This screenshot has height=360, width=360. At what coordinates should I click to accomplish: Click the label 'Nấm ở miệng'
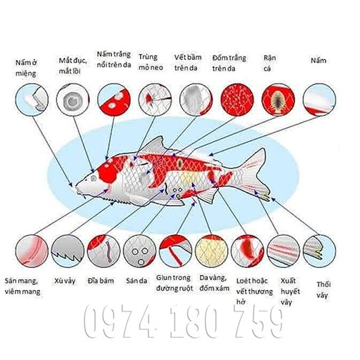[26, 68]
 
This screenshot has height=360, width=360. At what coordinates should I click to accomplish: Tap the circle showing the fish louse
[278, 100]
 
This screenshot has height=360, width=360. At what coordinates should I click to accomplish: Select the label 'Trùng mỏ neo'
[151, 62]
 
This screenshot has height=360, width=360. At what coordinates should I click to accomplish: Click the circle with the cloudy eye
[73, 100]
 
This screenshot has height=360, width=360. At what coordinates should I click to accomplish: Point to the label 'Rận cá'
[269, 63]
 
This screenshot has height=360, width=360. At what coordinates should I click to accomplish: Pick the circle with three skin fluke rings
[140, 251]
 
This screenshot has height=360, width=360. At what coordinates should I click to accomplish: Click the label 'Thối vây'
[324, 290]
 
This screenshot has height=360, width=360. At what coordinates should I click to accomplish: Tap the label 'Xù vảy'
[65, 281]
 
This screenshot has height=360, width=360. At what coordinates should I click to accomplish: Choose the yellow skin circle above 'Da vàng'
[211, 251]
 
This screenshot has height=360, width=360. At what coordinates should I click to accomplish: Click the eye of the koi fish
[94, 178]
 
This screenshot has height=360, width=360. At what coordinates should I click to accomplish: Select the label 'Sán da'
[136, 281]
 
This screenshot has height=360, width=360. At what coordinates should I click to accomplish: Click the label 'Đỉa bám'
[101, 281]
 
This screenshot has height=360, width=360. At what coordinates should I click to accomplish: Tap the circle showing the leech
[104, 251]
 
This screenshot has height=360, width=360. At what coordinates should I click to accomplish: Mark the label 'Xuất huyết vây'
[290, 291]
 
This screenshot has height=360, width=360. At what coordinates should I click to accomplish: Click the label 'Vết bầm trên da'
[188, 63]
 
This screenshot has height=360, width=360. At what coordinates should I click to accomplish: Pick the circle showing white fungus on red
[114, 100]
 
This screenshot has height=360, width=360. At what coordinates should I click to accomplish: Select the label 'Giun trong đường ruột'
[174, 283]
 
